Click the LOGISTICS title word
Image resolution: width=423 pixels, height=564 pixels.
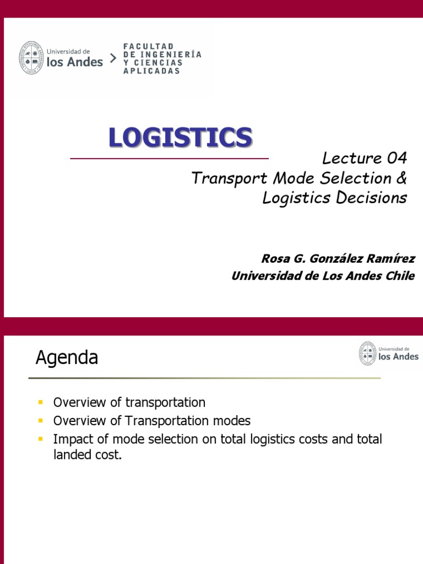point(180,137)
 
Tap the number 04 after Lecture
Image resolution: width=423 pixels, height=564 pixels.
point(397,159)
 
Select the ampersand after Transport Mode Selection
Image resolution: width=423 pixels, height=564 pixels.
point(400,178)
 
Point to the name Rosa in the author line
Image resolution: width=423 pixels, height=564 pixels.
point(274,259)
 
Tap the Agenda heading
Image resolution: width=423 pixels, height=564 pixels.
point(67,358)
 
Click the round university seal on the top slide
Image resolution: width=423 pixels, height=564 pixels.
point(31,57)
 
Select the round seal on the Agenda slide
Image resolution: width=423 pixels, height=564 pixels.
point(367,353)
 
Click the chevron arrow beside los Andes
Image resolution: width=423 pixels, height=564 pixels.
point(113,58)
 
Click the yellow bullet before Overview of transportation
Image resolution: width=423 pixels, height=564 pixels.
point(40,402)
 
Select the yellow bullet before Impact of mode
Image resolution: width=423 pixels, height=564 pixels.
point(40,440)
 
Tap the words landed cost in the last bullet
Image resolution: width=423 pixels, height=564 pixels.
point(86,455)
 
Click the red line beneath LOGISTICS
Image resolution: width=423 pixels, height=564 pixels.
point(169,159)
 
